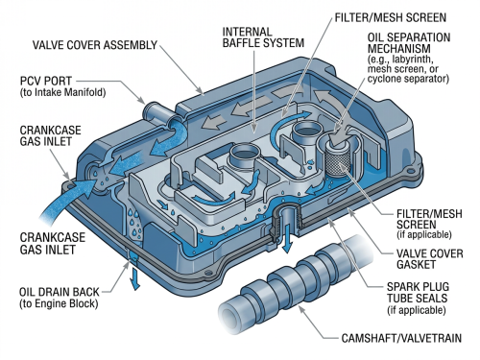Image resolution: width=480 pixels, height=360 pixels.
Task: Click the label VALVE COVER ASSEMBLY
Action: coord(95,45)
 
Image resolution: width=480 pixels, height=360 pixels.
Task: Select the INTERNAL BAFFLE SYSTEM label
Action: coord(263,37)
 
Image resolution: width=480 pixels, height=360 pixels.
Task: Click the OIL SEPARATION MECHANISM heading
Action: coord(409,43)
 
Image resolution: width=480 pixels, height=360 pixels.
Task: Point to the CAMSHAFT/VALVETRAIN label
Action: coord(401,338)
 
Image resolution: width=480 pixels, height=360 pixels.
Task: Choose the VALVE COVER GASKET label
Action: coord(429,259)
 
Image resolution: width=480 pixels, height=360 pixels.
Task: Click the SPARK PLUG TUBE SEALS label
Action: coord(418,292)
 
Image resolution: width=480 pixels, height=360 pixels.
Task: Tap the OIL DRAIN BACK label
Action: coord(60,292)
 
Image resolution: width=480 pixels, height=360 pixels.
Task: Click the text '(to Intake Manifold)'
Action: coord(62,92)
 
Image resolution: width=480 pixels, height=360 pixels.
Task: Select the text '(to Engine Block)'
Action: coord(59,303)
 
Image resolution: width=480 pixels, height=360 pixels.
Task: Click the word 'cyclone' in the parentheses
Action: coord(386,79)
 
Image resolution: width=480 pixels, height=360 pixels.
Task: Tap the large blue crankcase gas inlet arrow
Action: coord(69,200)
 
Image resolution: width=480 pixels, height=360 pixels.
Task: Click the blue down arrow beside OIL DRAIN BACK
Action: coord(135,279)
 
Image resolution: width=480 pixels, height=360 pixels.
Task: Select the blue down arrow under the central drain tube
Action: coord(288,238)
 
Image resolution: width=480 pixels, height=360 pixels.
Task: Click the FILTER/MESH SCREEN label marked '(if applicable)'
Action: coord(429,224)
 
